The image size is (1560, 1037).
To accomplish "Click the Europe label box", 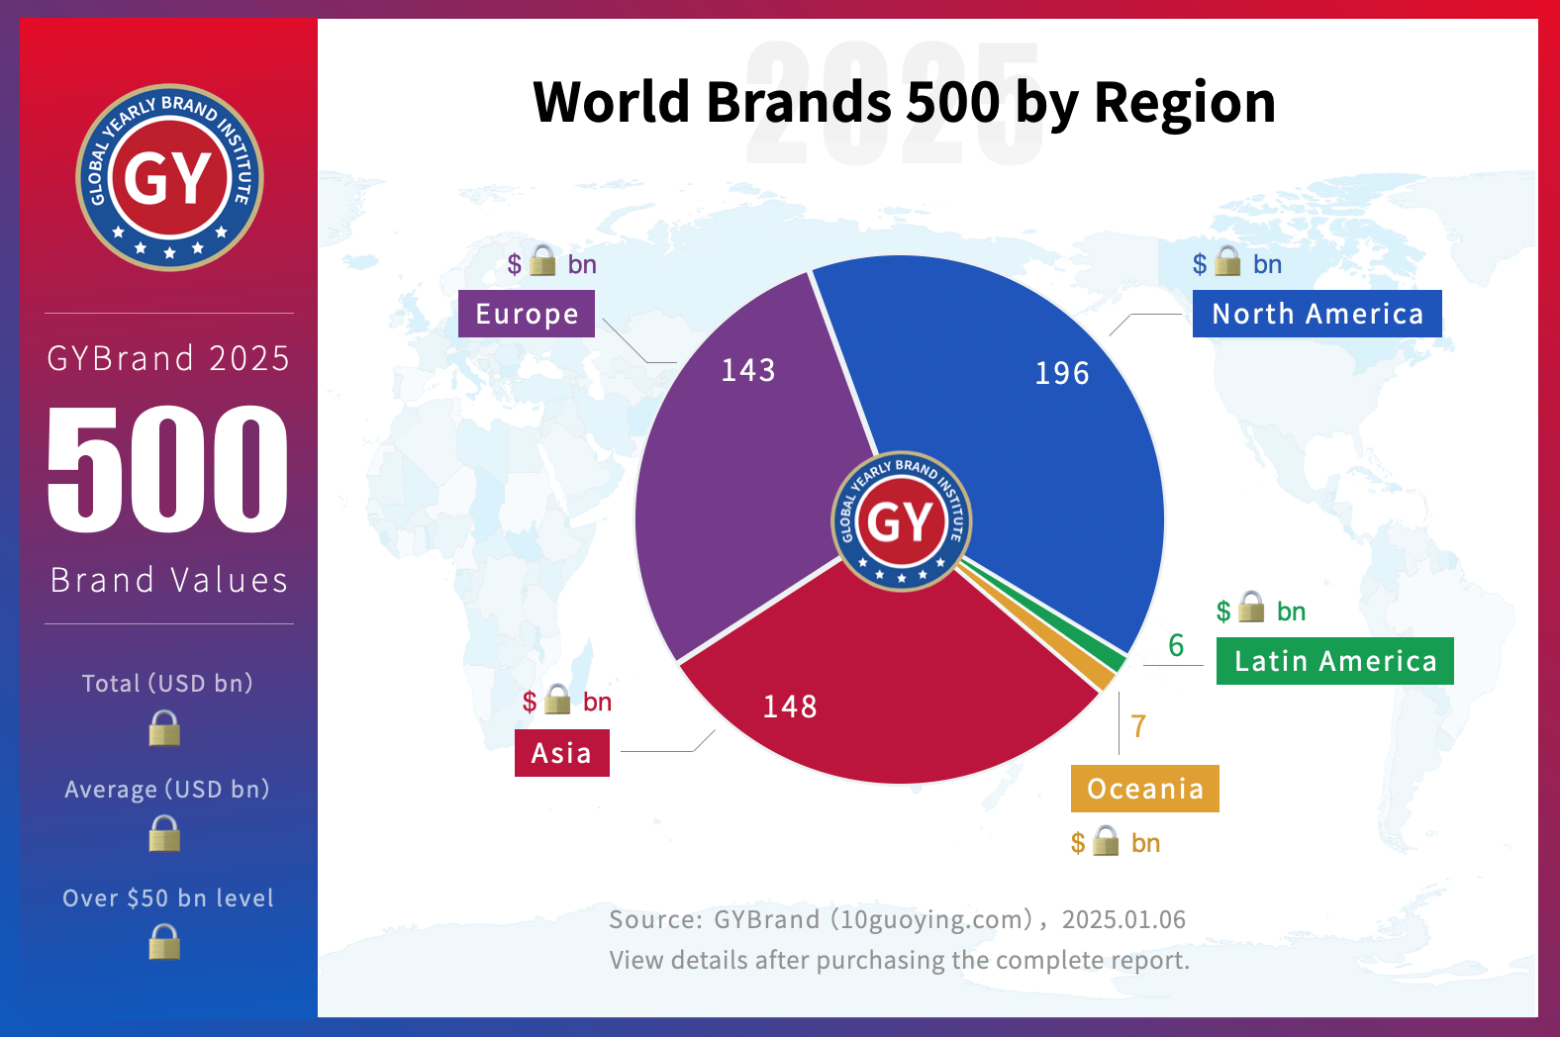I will click(x=527, y=314).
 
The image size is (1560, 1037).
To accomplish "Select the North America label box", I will click(x=1316, y=314).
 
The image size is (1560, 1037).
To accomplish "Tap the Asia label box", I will click(x=561, y=753).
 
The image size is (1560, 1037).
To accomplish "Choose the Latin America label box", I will click(x=1334, y=661).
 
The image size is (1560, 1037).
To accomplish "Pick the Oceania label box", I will click(x=1144, y=789).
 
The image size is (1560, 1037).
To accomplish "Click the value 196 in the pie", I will click(x=1062, y=373).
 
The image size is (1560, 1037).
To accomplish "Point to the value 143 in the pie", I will click(x=748, y=370).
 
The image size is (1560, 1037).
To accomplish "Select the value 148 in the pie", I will click(x=790, y=707).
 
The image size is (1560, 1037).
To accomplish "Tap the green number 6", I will click(x=1176, y=646).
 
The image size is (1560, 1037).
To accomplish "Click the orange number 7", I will click(x=1138, y=726).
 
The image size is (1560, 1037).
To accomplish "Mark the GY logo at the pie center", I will click(x=901, y=521).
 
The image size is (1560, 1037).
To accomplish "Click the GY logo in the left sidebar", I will click(x=169, y=178).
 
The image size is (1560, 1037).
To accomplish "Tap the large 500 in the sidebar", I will click(x=168, y=469).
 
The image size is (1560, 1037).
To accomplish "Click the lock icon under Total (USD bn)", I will click(x=164, y=729).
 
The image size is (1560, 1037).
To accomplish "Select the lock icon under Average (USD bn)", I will click(x=164, y=834).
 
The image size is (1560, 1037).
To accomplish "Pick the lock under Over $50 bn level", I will click(x=164, y=942).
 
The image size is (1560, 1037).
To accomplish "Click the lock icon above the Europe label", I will click(x=542, y=261).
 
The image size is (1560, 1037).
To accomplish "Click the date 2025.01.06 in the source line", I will click(x=1123, y=920).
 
